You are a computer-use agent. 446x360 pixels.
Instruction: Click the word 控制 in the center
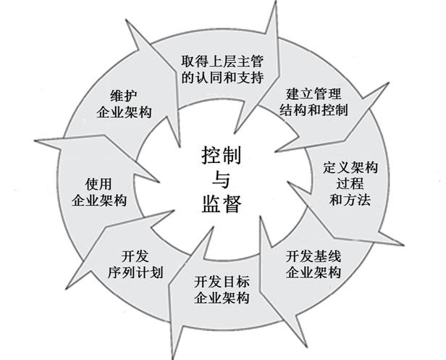(x=222, y=156)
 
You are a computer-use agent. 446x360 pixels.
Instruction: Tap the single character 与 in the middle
(x=222, y=180)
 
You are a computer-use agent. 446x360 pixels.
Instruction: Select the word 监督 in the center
(x=222, y=204)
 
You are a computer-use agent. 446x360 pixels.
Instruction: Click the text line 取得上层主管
(x=222, y=61)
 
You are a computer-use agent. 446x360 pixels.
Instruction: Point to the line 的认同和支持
(x=222, y=77)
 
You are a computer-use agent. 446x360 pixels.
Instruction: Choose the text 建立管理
(x=314, y=93)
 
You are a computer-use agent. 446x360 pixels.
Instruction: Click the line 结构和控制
(x=314, y=110)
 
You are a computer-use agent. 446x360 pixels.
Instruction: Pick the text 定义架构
(x=350, y=167)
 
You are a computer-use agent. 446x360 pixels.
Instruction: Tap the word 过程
(x=350, y=183)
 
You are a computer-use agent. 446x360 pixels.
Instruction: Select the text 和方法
(x=350, y=199)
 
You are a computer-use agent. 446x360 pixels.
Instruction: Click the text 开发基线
(x=314, y=256)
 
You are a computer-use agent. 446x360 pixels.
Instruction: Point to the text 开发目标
(x=222, y=282)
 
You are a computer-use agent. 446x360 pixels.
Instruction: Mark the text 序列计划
(x=135, y=272)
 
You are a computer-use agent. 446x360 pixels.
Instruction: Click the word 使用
(x=98, y=184)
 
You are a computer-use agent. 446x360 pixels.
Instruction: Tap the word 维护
(x=124, y=96)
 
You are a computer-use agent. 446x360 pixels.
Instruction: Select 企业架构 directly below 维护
(x=124, y=112)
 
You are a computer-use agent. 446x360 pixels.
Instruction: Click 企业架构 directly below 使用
(x=98, y=201)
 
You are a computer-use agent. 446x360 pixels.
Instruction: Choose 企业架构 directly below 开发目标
(x=222, y=298)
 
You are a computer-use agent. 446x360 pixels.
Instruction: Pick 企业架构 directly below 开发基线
(x=314, y=272)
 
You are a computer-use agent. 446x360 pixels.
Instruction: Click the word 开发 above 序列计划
(x=135, y=256)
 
